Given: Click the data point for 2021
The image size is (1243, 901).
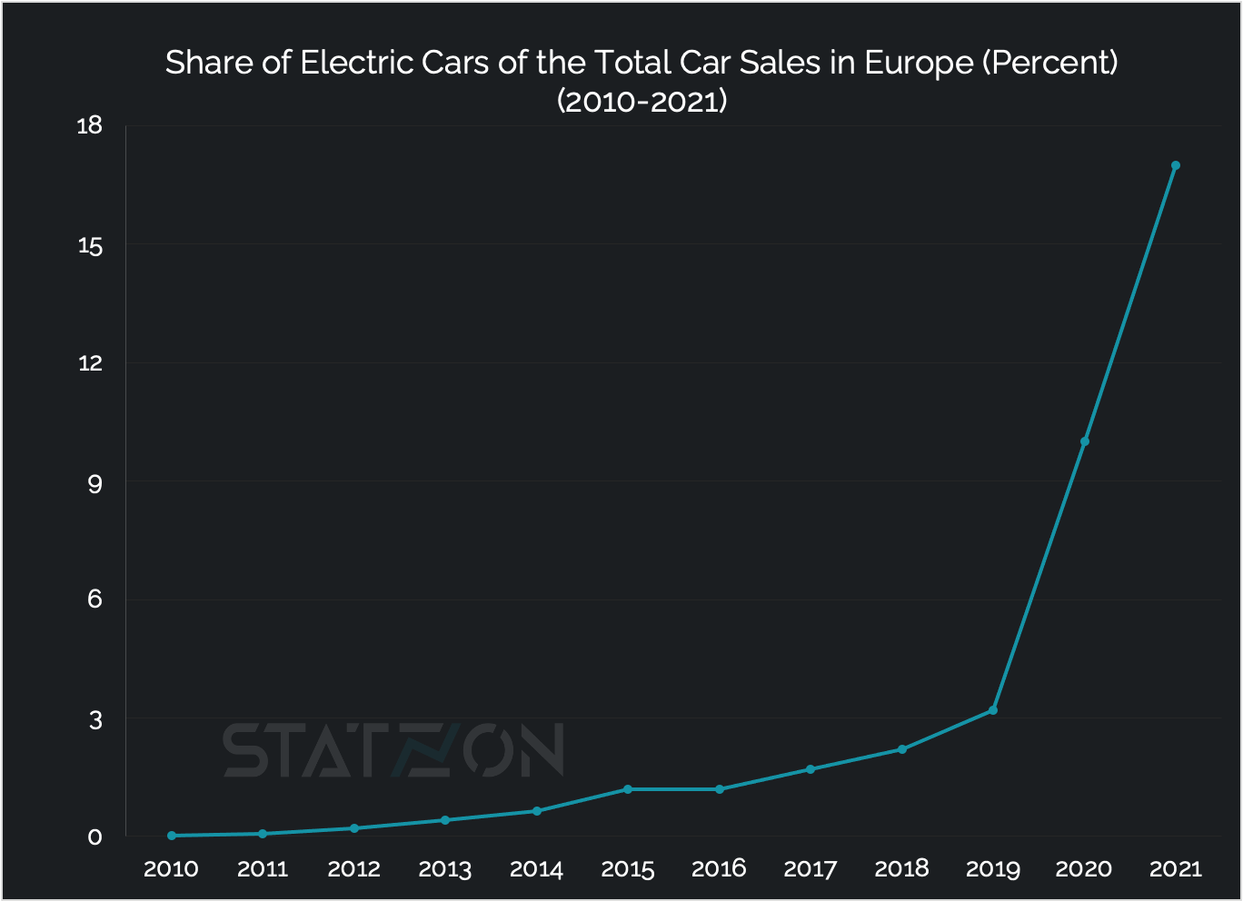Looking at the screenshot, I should (1175, 165).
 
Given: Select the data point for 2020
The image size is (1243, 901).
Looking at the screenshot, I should (1084, 441).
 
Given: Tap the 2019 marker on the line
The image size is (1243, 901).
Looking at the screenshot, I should (993, 710).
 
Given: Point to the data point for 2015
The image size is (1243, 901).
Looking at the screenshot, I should (628, 789).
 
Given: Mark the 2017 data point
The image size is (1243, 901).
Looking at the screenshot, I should (810, 769).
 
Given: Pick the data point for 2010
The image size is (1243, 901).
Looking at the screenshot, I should (172, 836).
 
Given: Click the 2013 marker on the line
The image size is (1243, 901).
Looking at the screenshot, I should (445, 820).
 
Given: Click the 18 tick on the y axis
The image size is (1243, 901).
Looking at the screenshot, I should (90, 126).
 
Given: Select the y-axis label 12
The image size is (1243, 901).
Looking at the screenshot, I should (90, 363).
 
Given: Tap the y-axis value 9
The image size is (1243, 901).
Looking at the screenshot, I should (94, 482).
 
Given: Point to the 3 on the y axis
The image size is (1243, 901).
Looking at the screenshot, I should (94, 719).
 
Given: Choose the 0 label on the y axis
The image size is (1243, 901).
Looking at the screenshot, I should (94, 837).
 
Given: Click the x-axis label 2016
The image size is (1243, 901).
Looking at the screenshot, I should (719, 869).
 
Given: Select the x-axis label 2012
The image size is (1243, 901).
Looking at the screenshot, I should (354, 869).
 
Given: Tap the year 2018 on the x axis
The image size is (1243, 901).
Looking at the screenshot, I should (901, 869).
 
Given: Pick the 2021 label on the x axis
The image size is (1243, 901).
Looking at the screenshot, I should (1175, 869).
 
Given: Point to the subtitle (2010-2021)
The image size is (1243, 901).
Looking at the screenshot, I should (641, 101).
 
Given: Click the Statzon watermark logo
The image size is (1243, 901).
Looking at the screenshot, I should (393, 751).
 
